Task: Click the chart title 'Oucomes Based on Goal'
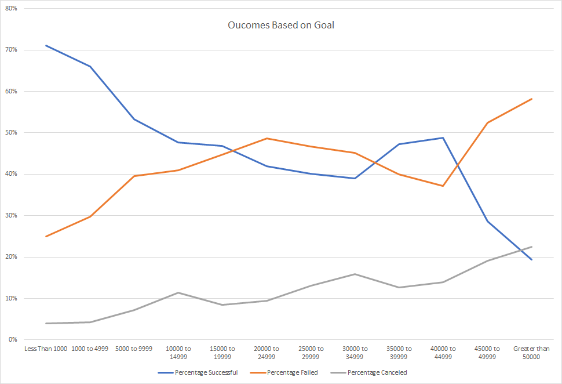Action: tap(280, 26)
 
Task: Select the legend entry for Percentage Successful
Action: tap(206, 372)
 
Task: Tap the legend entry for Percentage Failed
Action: tap(292, 372)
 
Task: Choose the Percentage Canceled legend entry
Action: tap(377, 372)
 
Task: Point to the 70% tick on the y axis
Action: tap(11, 50)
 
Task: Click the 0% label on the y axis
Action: tap(13, 340)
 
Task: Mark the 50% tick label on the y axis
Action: tap(11, 133)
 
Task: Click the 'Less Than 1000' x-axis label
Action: tap(46, 349)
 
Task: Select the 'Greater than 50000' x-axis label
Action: tap(531, 353)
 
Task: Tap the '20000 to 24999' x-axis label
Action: tap(267, 353)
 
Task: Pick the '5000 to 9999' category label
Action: tap(134, 349)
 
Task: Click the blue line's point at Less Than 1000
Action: tap(46, 45)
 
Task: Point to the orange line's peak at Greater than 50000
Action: tap(531, 99)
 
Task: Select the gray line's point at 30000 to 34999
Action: tap(355, 274)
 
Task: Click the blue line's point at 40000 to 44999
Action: tap(443, 138)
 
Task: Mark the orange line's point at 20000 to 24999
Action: tap(267, 138)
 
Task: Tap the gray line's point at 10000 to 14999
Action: tap(178, 292)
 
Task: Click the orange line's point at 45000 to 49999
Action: tap(487, 123)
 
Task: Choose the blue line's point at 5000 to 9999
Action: tap(134, 119)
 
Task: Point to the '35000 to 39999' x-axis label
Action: tap(399, 353)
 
